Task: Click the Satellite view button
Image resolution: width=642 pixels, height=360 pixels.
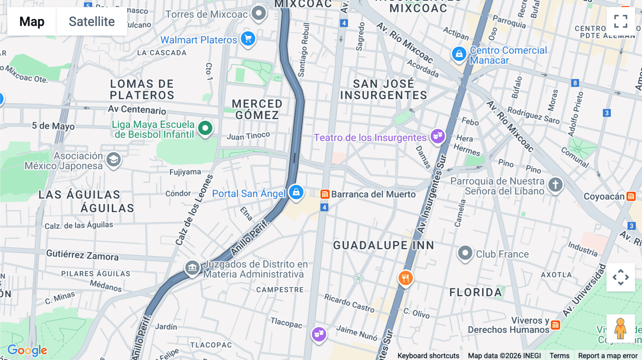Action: pyautogui.click(x=92, y=21)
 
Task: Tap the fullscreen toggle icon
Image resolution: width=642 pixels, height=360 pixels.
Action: pyautogui.click(x=621, y=21)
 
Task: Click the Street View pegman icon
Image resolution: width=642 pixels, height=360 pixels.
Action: pyautogui.click(x=620, y=328)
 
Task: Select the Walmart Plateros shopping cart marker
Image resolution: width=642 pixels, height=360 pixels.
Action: pyautogui.click(x=248, y=38)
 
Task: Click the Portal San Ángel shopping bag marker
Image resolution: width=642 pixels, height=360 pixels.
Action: pyautogui.click(x=296, y=192)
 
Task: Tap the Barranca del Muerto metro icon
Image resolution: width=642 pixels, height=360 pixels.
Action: pyautogui.click(x=325, y=194)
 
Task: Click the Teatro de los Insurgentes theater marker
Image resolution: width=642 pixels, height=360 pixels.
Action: pyautogui.click(x=438, y=136)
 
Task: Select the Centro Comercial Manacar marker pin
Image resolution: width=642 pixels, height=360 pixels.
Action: pyautogui.click(x=459, y=54)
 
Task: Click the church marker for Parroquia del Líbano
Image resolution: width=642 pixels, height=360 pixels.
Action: pyautogui.click(x=555, y=185)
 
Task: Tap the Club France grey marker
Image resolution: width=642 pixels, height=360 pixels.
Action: pyautogui.click(x=465, y=253)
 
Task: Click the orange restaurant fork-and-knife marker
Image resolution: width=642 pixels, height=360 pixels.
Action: pyautogui.click(x=406, y=278)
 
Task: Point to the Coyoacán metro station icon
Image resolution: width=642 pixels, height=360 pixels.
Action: pyautogui.click(x=631, y=196)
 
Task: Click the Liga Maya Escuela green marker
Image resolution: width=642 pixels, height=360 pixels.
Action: pyautogui.click(x=205, y=128)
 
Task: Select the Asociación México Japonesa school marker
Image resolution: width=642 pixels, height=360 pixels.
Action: pyautogui.click(x=113, y=160)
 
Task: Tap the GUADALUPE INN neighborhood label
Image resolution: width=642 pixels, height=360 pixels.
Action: pyautogui.click(x=383, y=245)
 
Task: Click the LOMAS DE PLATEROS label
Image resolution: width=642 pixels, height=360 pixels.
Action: pyautogui.click(x=142, y=89)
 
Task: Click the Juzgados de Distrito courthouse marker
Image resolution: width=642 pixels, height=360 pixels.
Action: pyautogui.click(x=192, y=267)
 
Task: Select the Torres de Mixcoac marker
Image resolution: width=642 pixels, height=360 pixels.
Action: pyautogui.click(x=259, y=13)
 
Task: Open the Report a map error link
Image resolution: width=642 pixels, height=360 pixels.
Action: pyautogui.click(x=607, y=355)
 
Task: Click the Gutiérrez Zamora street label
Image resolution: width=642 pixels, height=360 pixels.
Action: pyautogui.click(x=82, y=255)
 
